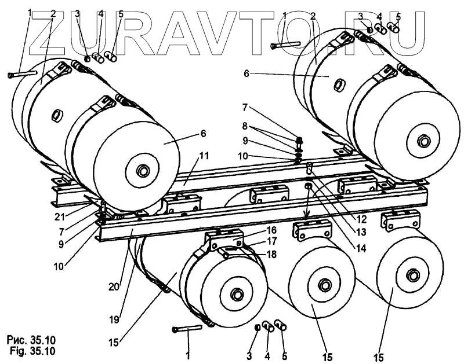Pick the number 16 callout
(271, 230)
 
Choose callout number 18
(271, 255)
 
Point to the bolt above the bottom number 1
(186, 329)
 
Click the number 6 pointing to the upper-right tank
(246, 74)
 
